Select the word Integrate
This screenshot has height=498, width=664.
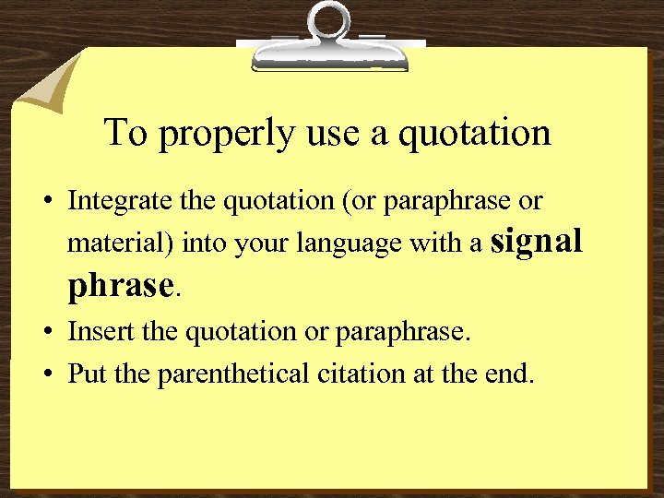(x=106, y=201)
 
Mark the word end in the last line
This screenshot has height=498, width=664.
(x=511, y=375)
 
